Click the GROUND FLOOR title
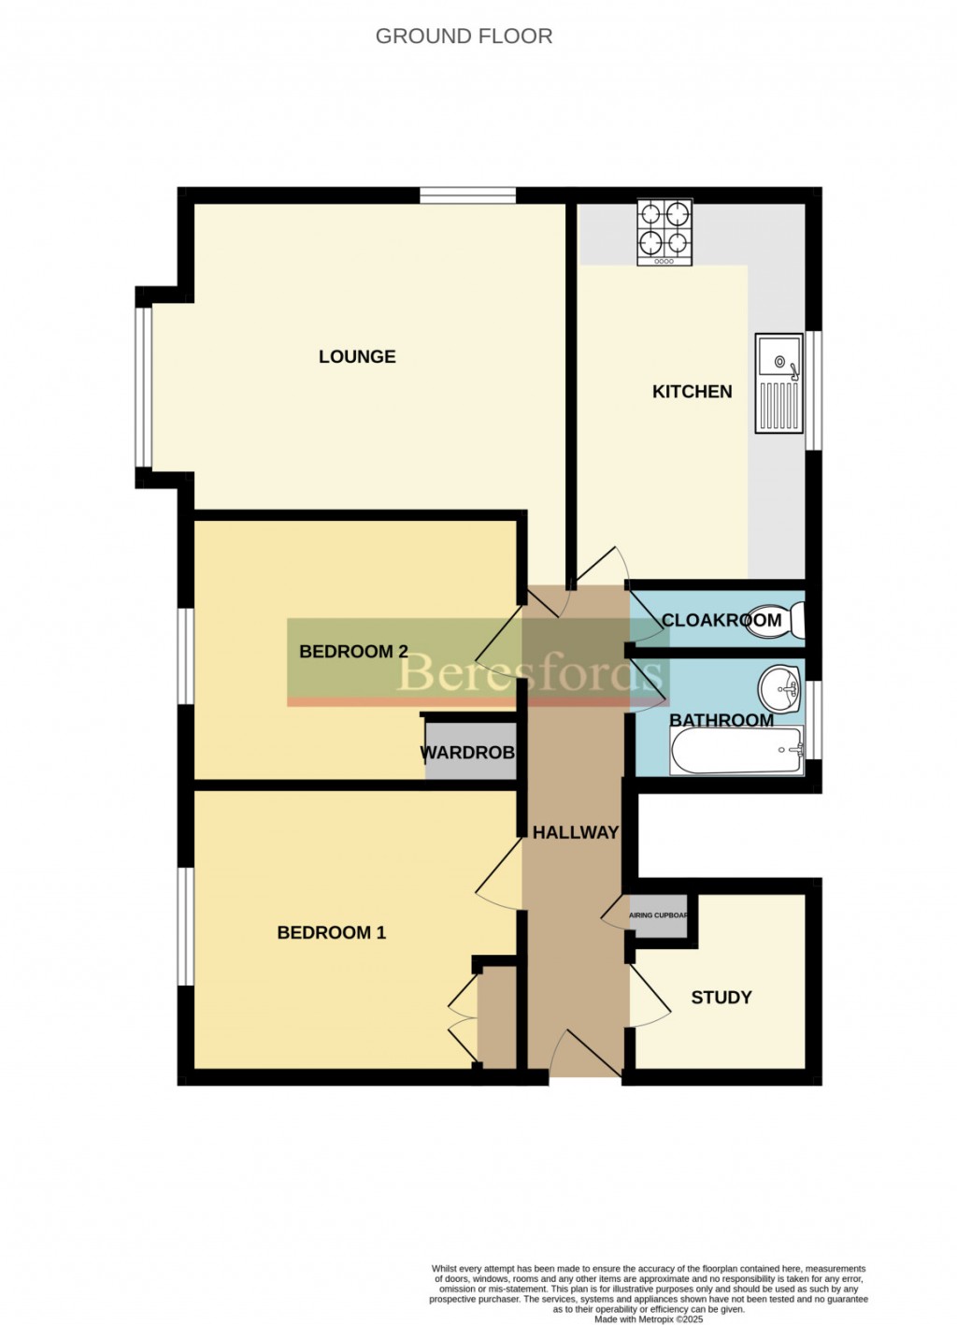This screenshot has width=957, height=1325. coord(464,36)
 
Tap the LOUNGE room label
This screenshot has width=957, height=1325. coord(357,356)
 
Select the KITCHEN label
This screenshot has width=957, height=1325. coord(692,392)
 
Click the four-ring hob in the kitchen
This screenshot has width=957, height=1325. coord(664,231)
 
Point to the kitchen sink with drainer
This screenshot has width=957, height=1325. coord(778,383)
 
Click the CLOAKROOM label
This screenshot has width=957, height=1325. coord(721,620)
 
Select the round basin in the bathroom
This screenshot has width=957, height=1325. coord(778,689)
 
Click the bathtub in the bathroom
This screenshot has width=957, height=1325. coord(736,751)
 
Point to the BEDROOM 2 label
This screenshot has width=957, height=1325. coord(353,652)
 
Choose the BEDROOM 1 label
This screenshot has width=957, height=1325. coord(331,932)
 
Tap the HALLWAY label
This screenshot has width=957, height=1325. coord(575,832)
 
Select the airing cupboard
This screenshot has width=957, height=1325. coord(661,915)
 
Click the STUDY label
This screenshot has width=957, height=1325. coord(721,998)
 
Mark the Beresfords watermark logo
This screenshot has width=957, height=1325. coord(531,672)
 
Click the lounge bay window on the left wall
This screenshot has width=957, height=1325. coord(143,386)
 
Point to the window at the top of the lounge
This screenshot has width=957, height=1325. coord(466,195)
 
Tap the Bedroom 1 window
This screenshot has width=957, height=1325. coord(186,926)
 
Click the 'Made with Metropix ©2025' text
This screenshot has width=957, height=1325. coord(649,1319)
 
